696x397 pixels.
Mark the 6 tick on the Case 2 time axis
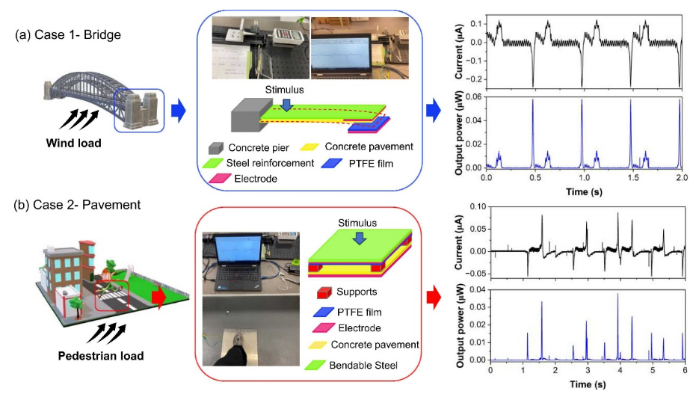click(x=683, y=369)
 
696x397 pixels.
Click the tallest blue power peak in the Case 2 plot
click(x=618, y=295)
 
